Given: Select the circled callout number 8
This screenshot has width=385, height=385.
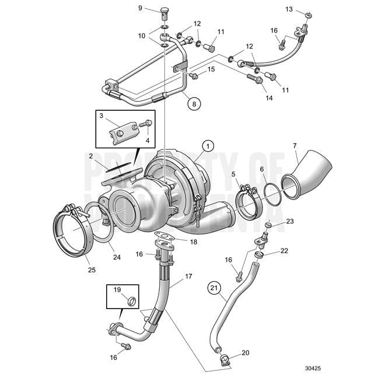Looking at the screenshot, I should tap(194, 105).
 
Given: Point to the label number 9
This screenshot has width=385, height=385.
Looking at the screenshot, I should tap(140, 8).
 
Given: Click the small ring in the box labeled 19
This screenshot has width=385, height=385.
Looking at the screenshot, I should tap(132, 302).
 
